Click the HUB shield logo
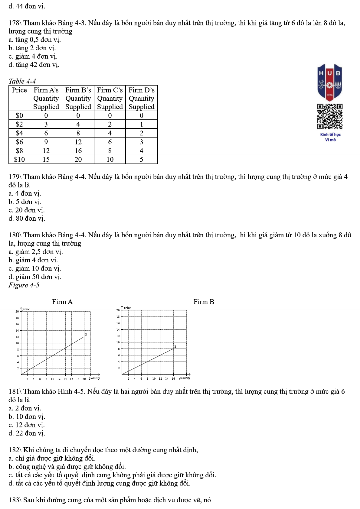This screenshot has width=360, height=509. pyautogui.click(x=329, y=82)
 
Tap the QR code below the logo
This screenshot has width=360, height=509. pyautogui.click(x=330, y=116)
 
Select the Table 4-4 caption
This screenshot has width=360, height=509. pyautogui.click(x=22, y=81)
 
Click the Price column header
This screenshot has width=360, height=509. pyautogui.click(x=19, y=90)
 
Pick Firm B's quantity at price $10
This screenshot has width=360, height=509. pyautogui.click(x=78, y=159)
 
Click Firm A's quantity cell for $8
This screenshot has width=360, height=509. pyautogui.click(x=46, y=151)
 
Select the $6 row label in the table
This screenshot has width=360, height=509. pyautogui.click(x=19, y=142)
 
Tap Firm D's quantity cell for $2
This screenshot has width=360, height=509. pyautogui.click(x=141, y=124)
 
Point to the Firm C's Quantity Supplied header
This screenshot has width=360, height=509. pyautogui.click(x=110, y=98)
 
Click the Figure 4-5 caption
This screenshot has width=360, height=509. pyautogui.click(x=24, y=285)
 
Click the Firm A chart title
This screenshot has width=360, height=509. pyautogui.click(x=62, y=302)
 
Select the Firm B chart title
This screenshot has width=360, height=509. pyautogui.click(x=204, y=302)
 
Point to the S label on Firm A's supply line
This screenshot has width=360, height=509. pyautogui.click(x=86, y=334)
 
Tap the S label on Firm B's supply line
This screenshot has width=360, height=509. pyautogui.click(x=175, y=346)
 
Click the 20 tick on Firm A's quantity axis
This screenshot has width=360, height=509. pyautogui.click(x=84, y=379)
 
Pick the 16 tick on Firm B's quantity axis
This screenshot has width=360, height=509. pyautogui.click(x=173, y=378)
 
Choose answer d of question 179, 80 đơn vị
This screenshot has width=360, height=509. pyautogui.click(x=27, y=218)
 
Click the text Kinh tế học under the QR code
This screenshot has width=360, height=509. pyautogui.click(x=330, y=135)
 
